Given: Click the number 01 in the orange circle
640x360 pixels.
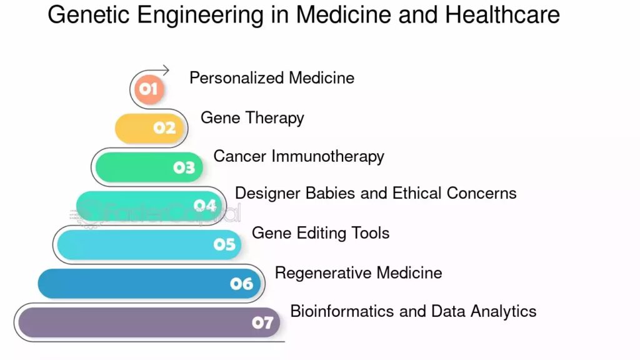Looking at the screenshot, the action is [148, 89].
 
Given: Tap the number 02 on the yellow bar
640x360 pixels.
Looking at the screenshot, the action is [164, 128].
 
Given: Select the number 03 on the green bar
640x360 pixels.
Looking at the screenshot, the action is [184, 167].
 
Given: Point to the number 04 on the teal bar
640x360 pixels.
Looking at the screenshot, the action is [205, 205].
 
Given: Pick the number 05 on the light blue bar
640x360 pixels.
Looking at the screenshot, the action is [224, 244].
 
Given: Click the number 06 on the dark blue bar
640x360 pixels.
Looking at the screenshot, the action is [242, 284].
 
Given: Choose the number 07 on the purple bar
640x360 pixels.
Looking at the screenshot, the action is [262, 323].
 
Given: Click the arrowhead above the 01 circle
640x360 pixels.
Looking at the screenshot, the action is [165, 71].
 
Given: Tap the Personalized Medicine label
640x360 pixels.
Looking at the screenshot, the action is [272, 78].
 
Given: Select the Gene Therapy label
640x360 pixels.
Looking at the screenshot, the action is [252, 118].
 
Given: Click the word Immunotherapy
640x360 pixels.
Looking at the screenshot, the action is [327, 156].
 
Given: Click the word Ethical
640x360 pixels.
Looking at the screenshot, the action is [417, 193].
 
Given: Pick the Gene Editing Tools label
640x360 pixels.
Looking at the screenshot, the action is [321, 233].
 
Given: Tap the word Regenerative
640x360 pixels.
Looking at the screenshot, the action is [323, 273].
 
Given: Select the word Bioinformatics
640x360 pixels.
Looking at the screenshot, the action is [342, 311].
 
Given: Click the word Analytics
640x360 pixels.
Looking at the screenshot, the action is [503, 311].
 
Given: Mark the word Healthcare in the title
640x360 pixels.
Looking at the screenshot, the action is [502, 15].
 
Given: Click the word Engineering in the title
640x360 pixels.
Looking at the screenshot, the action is [200, 16].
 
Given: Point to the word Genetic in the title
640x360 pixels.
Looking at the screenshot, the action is [89, 15].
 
